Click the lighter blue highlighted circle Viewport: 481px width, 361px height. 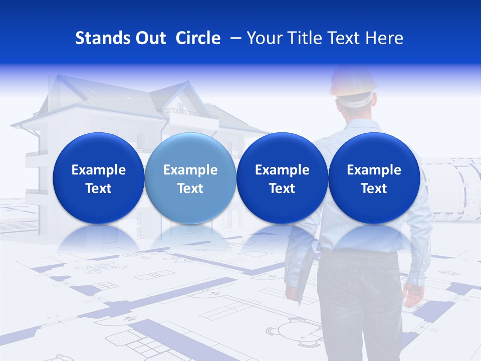coord(190,178)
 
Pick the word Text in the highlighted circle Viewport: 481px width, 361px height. coord(190,189)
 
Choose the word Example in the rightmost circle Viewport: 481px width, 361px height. coord(374,170)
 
